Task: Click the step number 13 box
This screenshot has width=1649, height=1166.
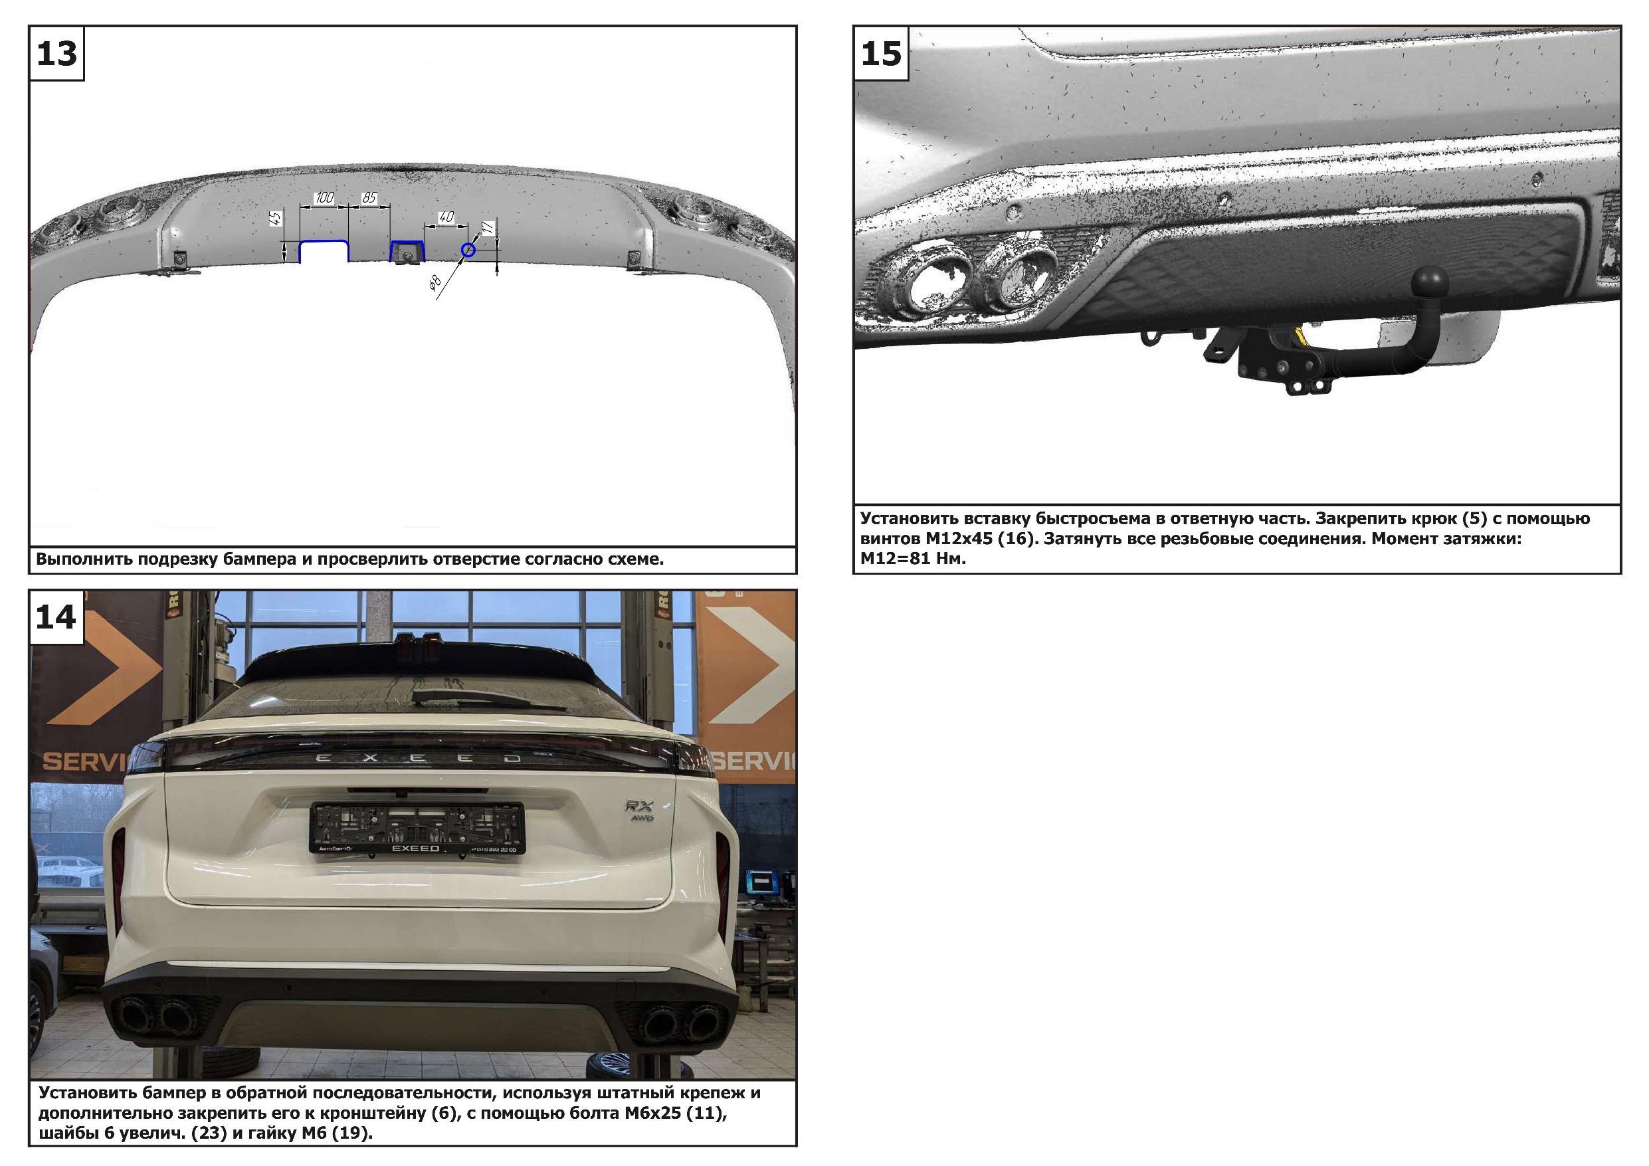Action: pos(56,54)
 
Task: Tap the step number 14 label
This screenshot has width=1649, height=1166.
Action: pos(56,617)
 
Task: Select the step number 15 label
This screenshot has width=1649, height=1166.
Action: pos(881,54)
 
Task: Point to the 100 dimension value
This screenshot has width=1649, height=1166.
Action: pos(325,197)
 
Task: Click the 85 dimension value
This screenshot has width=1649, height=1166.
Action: pos(369,197)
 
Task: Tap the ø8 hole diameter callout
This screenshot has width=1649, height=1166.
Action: pos(435,282)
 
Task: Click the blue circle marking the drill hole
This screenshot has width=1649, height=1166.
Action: pos(468,250)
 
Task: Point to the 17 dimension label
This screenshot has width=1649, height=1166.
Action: pos(488,228)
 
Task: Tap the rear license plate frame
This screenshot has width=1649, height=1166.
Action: pos(417,828)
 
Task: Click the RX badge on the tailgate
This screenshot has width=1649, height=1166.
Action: pos(639,806)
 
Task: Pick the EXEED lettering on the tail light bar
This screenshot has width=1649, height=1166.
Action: pos(418,758)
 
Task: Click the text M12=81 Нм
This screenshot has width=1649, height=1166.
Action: pos(913,558)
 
